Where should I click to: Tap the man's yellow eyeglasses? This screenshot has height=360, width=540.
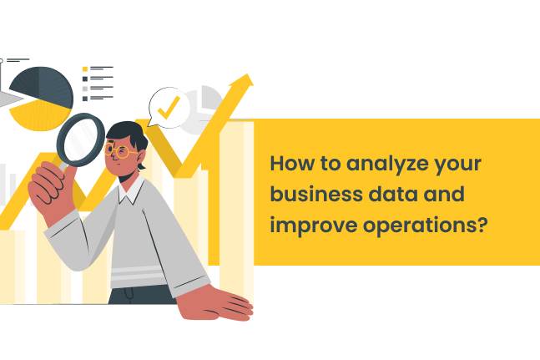124,151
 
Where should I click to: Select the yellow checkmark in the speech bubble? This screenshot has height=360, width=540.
169,106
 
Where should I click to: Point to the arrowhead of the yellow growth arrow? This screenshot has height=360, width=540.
244,82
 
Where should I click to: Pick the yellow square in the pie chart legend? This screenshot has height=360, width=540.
84,68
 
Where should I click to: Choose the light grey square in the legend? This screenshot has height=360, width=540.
84,88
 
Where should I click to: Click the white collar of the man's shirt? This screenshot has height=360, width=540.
129,194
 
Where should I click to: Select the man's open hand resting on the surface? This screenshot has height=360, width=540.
220,302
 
